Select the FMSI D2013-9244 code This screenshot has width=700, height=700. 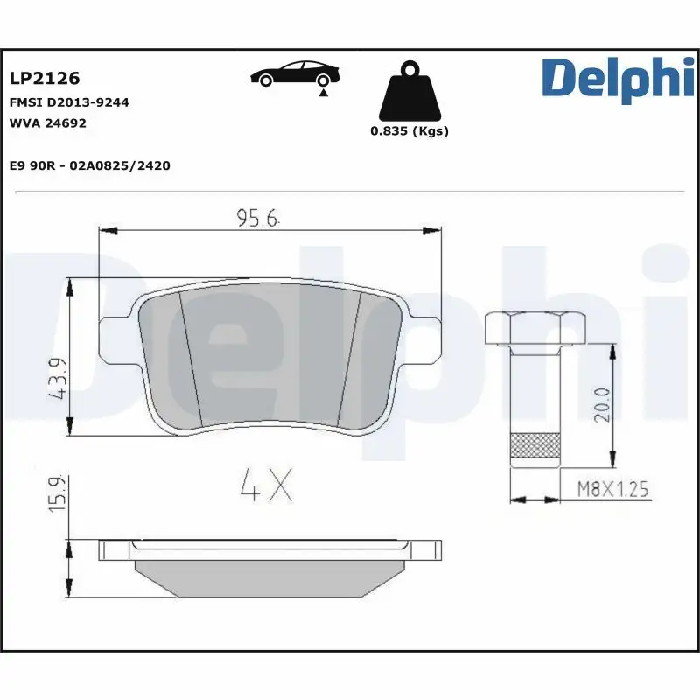click(x=69, y=102)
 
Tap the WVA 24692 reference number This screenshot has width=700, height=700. click(x=47, y=123)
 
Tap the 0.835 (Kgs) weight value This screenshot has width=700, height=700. click(x=409, y=131)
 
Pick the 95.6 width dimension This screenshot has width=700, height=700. click(x=256, y=219)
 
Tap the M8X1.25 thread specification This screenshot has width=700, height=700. click(x=612, y=489)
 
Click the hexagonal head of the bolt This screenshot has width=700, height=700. click(x=534, y=327)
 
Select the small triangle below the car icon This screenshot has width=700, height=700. click(x=324, y=91)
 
